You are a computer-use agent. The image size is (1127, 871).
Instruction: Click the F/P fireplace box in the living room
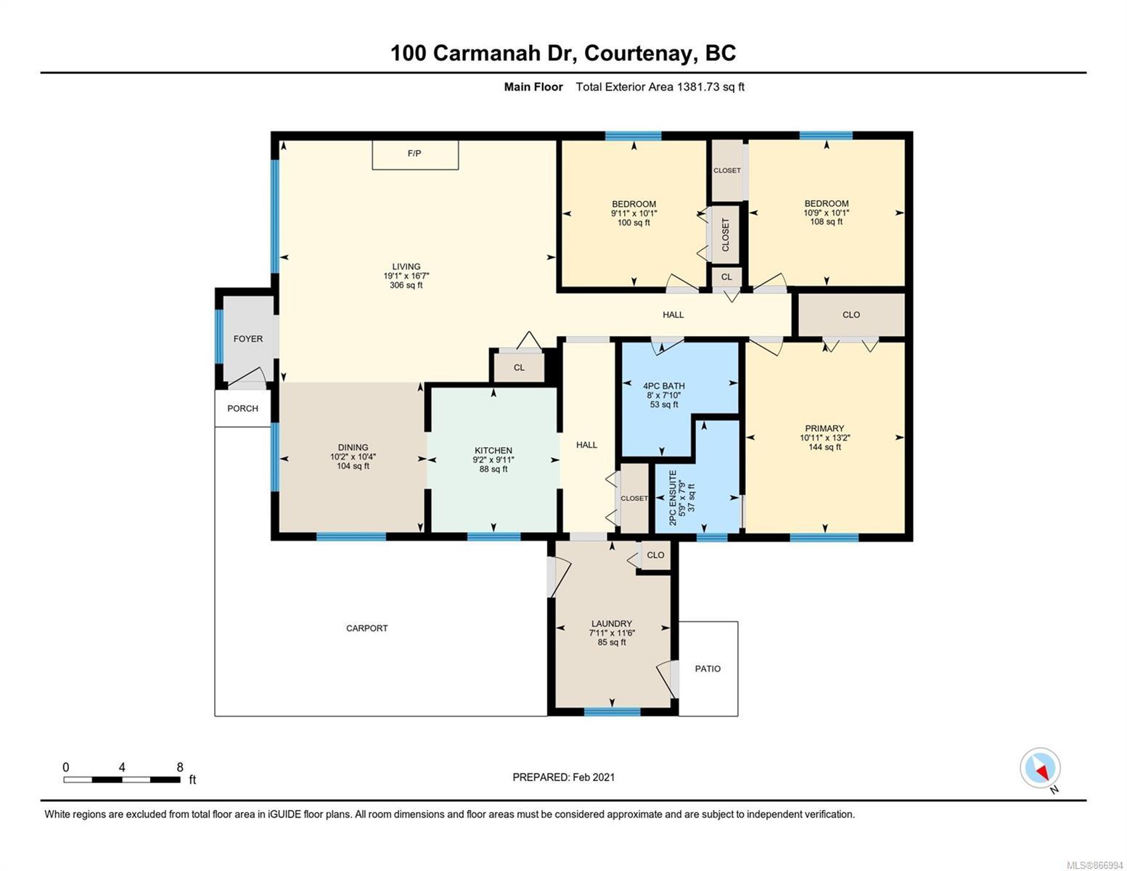(415, 154)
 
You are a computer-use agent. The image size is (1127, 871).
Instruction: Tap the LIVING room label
(406, 266)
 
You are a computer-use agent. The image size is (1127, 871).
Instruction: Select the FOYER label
(248, 339)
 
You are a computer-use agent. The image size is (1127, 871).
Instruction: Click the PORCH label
(242, 408)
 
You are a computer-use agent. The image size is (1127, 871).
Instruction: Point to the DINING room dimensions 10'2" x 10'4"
(353, 457)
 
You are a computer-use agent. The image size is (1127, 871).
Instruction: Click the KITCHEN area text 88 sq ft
(493, 470)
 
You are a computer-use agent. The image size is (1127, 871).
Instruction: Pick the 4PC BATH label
(664, 386)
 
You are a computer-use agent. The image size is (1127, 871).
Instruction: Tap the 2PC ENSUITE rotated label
(673, 497)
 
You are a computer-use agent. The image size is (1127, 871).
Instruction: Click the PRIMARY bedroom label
(824, 428)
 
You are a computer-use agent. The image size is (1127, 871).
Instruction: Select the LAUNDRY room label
(612, 623)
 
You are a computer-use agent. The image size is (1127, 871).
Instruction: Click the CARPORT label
(366, 629)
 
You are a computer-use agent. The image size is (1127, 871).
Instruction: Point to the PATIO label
(708, 668)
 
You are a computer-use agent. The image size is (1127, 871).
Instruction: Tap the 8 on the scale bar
(180, 767)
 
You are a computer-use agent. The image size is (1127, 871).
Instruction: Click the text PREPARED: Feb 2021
(564, 777)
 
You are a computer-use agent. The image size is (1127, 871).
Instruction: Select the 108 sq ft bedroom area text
(826, 221)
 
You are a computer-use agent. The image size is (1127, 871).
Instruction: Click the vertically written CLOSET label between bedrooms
(725, 234)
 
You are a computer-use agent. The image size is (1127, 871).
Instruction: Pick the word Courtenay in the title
(640, 54)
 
